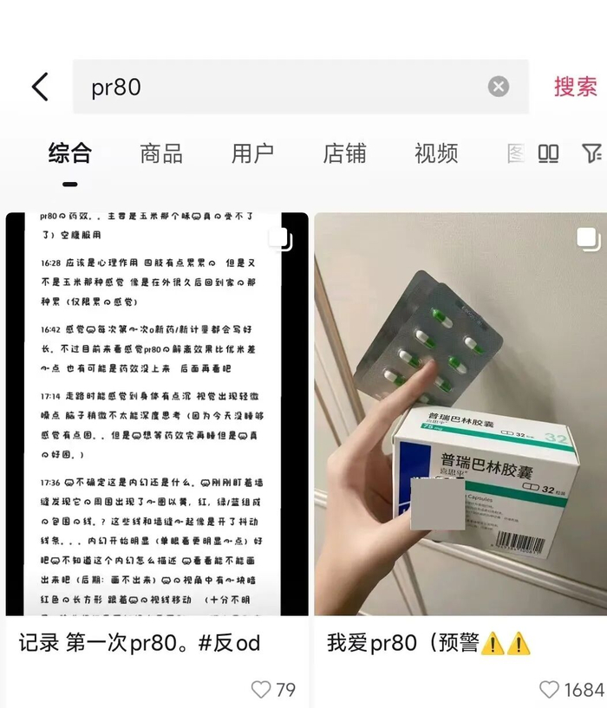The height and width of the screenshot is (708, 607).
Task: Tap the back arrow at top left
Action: pos(40,87)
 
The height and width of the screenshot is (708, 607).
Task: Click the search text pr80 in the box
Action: pos(116,88)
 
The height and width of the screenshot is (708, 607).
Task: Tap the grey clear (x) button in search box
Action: pos(498,87)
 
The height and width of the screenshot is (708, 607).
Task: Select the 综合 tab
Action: pos(69,154)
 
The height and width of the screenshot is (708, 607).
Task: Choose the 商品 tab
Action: pos(161,154)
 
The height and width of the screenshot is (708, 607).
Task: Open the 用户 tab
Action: pos(252,154)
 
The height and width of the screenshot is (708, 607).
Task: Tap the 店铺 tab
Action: pos(344,154)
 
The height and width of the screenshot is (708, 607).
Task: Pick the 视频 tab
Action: pos(436,154)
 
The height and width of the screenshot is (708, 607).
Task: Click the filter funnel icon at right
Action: pos(591,154)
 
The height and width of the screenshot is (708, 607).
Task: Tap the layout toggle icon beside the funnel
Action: pos(548,154)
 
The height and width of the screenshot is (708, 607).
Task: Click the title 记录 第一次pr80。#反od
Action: pos(139,643)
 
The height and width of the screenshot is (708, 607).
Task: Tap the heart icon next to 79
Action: pos(260,690)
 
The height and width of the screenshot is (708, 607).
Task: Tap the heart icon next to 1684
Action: pos(549,690)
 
